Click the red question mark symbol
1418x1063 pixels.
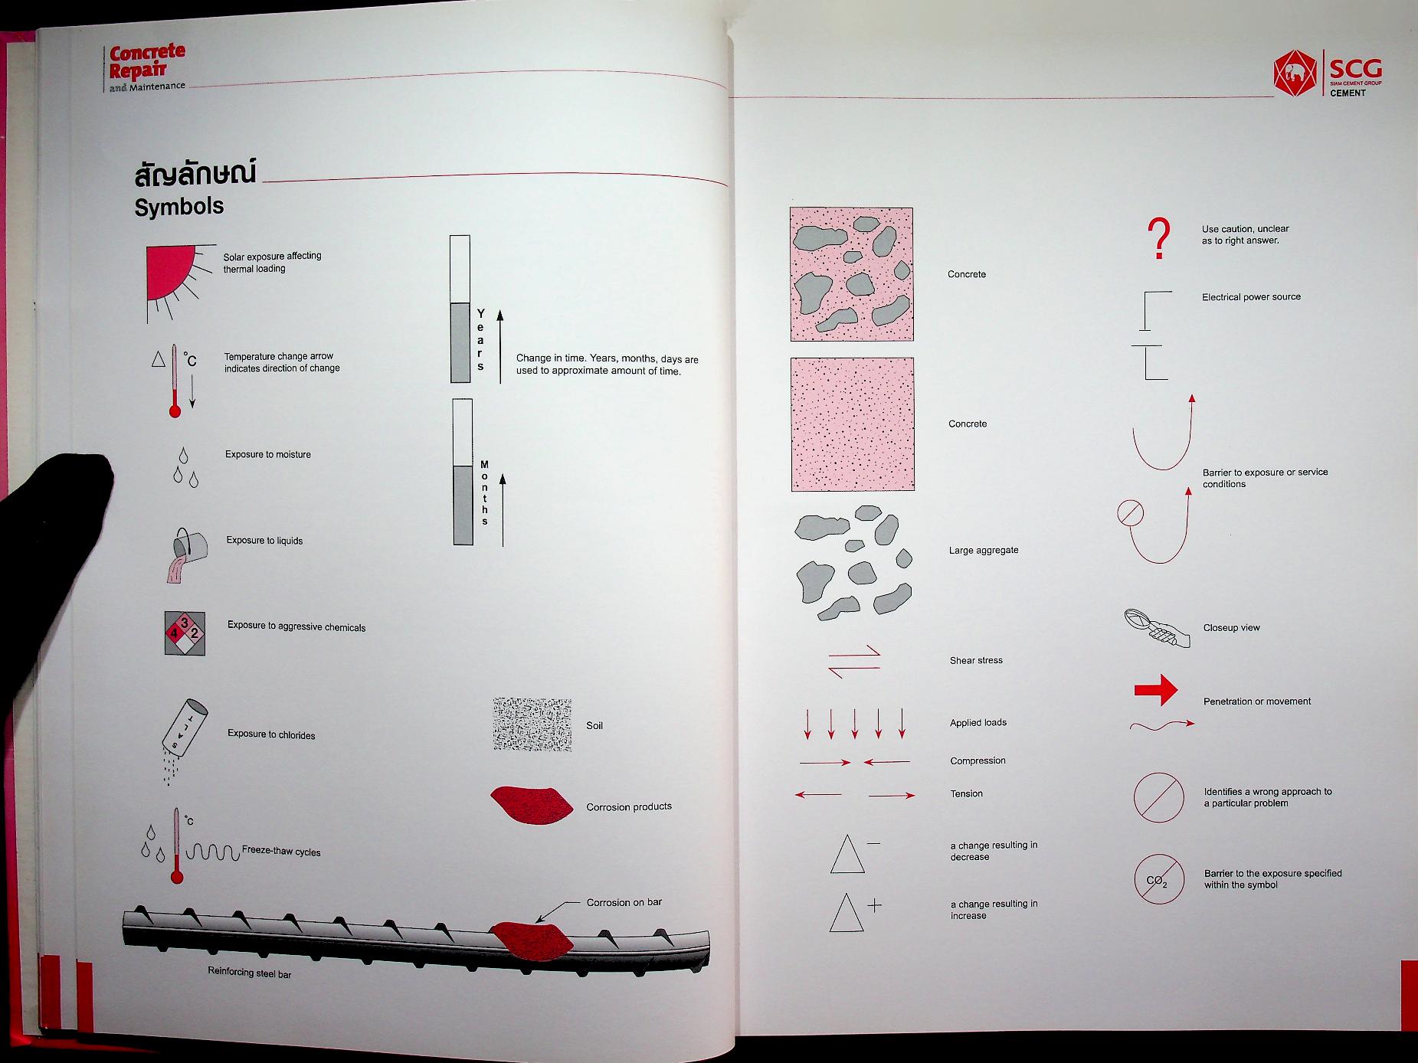(1161, 238)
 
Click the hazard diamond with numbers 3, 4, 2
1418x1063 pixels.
(185, 633)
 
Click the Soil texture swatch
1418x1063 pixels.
(532, 724)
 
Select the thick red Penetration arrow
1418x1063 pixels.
(1156, 690)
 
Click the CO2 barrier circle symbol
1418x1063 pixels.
(1159, 879)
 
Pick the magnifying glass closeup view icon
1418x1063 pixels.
(1158, 627)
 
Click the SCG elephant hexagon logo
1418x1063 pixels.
(1295, 74)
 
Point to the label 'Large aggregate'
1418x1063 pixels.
(984, 550)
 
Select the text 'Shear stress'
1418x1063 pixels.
(976, 660)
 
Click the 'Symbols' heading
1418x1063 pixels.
(179, 207)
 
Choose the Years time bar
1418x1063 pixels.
(460, 309)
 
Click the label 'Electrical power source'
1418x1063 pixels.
(1251, 297)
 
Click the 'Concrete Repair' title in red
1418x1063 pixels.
(146, 62)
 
